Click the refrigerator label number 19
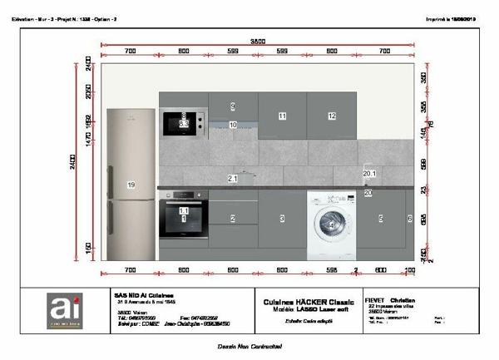click(x=131, y=184)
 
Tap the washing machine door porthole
click(x=330, y=224)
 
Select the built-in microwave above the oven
click(x=183, y=123)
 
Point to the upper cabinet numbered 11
click(x=282, y=116)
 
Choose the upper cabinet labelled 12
click(x=331, y=116)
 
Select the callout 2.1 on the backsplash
click(x=233, y=179)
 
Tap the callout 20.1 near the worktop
click(x=370, y=173)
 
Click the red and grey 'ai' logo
click(x=63, y=310)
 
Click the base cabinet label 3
click(x=282, y=219)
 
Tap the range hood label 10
click(x=233, y=125)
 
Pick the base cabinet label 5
click(x=380, y=219)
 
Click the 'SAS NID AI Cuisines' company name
click(x=142, y=293)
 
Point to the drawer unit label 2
click(x=233, y=219)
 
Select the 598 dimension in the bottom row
click(x=332, y=270)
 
